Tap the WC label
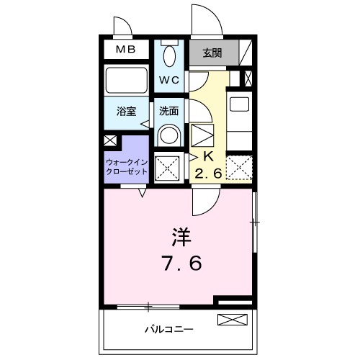pos(169,79)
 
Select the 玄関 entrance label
pos(212,52)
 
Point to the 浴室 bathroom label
pos(127,112)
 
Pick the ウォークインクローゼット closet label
pos(127,168)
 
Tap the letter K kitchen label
pos(204,155)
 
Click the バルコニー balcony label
pos(168,329)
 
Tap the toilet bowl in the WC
pos(169,55)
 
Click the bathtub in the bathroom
pos(127,81)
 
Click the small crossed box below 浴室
pos(109,140)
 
